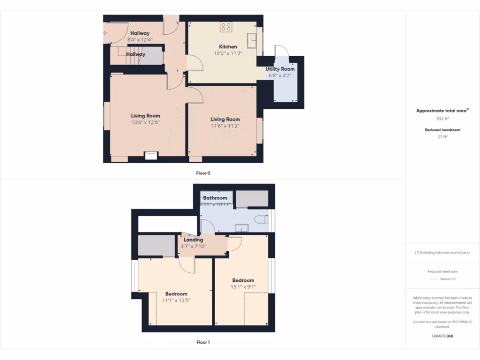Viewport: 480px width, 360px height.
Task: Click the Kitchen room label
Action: point(228,47)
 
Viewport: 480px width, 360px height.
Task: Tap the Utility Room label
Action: point(280,69)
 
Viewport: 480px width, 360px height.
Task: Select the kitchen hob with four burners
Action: point(226,27)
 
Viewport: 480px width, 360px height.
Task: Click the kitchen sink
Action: point(252,41)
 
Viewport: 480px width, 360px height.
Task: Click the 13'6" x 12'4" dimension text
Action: point(145,123)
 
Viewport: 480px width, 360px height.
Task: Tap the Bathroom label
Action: point(215,198)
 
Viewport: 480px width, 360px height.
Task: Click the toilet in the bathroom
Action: point(261,219)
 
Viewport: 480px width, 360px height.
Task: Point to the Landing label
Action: point(193,240)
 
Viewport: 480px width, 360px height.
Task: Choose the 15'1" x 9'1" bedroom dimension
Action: point(243,287)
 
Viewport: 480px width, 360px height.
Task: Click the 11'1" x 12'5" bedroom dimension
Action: point(176,300)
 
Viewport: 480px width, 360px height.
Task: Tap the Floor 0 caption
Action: point(203,173)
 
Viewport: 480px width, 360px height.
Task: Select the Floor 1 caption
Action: point(203,342)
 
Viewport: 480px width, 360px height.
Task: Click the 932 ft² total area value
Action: point(442,119)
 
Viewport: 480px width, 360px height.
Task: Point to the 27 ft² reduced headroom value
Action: point(442,137)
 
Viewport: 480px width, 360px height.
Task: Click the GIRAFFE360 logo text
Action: point(442,336)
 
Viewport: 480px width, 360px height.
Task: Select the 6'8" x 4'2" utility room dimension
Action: point(280,76)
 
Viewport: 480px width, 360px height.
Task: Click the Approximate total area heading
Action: point(442,111)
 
